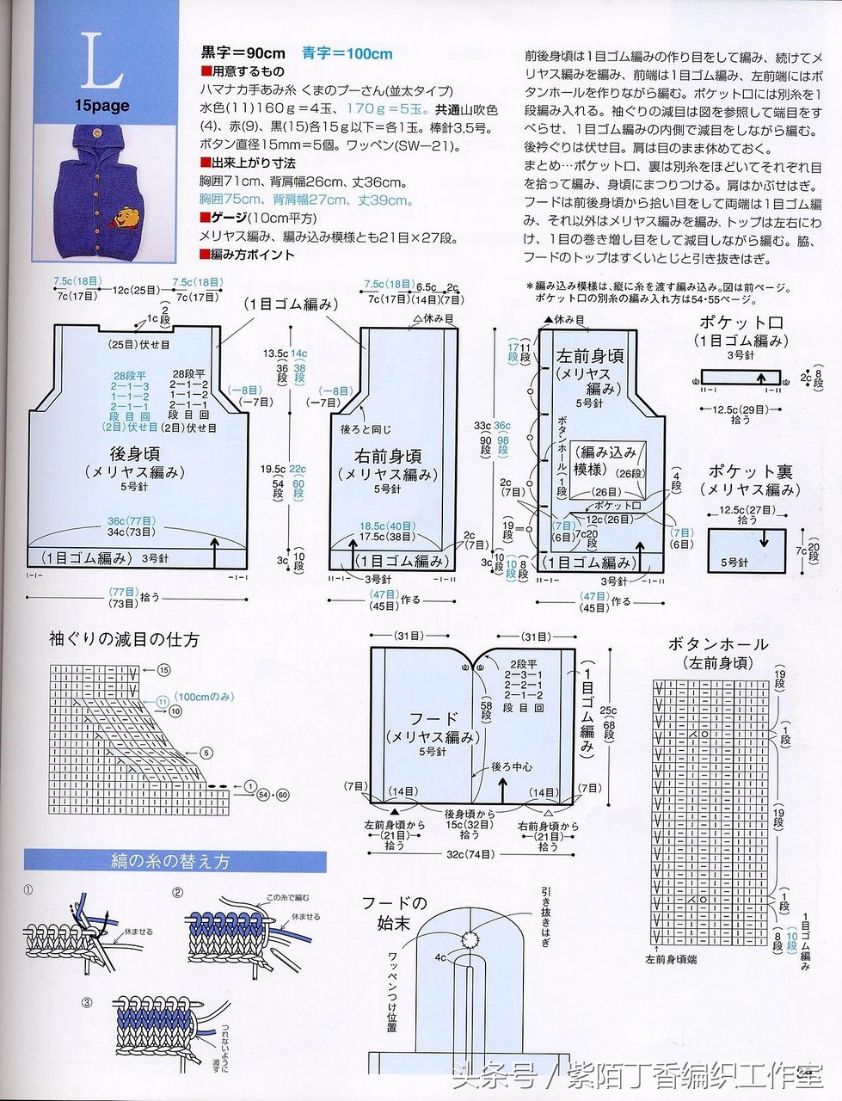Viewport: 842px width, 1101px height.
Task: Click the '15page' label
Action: tap(101, 106)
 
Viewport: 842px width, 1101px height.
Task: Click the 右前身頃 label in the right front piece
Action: tap(387, 456)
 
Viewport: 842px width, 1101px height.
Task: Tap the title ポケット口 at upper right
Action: tap(741, 323)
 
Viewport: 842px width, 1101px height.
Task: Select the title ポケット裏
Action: tap(750, 471)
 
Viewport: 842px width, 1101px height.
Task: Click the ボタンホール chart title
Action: tap(717, 644)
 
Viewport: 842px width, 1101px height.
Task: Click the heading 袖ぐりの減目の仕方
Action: tap(124, 639)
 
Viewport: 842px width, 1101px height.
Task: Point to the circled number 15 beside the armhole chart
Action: tap(163, 669)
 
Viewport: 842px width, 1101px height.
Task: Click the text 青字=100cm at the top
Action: tap(347, 53)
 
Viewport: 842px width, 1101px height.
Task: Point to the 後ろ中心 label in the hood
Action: tap(512, 766)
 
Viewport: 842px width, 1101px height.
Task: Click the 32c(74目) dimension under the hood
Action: tap(471, 854)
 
